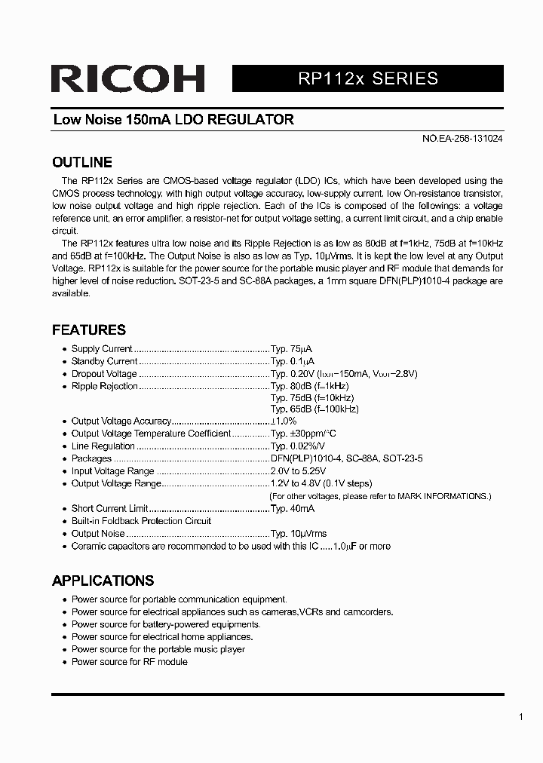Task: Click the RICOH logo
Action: pos(128,79)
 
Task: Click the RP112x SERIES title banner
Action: pos(367,78)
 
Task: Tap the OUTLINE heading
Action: pos(81,163)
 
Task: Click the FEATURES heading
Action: pos(88,330)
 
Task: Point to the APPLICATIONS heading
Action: pos(103,581)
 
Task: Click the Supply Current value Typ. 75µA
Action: pos(291,349)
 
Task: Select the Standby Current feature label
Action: pos(104,361)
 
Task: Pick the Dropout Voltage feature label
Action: pos(104,374)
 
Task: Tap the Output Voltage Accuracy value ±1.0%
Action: pos(284,421)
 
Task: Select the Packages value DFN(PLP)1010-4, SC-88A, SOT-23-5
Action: pos(346,458)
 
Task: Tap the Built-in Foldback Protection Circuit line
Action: pos(141,521)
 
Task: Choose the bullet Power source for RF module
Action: pos(129,662)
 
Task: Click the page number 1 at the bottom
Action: pos(521,717)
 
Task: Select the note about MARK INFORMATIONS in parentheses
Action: pos(380,496)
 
